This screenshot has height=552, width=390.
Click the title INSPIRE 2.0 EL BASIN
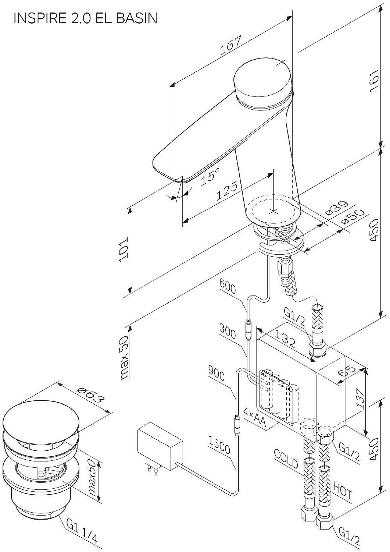tap(85, 18)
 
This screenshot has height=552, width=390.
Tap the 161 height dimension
tap(374, 81)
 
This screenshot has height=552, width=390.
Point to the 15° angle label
tap(211, 176)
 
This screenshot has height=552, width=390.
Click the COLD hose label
tap(286, 459)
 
